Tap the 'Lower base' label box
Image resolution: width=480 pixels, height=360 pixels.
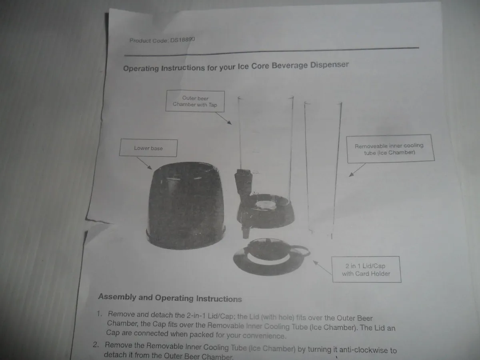click(x=148, y=148)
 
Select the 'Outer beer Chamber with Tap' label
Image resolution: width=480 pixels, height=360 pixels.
click(x=195, y=101)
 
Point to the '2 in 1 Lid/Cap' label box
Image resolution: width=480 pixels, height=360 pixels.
click(x=366, y=270)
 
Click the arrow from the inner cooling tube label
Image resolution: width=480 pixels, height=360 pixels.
click(x=357, y=170)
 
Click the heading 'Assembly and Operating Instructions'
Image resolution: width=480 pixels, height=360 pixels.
click(x=170, y=298)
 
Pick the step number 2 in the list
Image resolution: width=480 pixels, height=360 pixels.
click(x=96, y=344)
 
